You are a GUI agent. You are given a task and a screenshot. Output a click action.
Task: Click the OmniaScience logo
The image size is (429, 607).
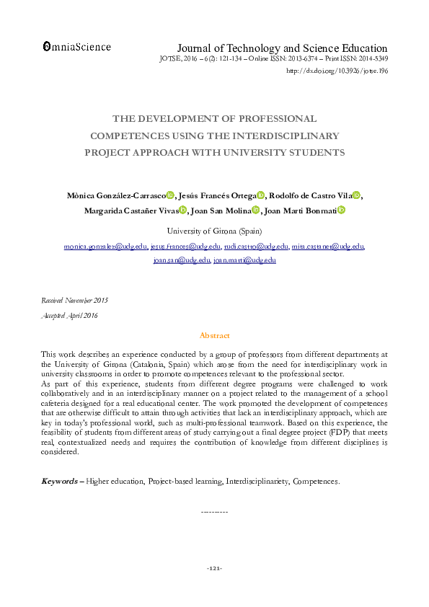(x=77, y=47)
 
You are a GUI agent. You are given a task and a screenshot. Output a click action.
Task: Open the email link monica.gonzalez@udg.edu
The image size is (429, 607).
(x=105, y=247)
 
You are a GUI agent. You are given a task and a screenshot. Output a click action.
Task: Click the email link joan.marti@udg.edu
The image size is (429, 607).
(x=244, y=260)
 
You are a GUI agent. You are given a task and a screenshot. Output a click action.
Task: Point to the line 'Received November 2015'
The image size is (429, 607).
(x=74, y=300)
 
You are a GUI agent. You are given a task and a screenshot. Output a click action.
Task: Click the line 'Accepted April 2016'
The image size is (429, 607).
(x=69, y=316)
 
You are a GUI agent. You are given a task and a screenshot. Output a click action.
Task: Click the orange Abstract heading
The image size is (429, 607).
(x=214, y=335)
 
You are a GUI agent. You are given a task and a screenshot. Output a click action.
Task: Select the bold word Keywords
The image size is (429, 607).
(x=58, y=481)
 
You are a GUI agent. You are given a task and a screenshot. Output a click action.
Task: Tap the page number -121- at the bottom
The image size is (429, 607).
(x=214, y=569)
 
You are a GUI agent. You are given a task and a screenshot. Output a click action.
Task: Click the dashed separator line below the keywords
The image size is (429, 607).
(x=214, y=512)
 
